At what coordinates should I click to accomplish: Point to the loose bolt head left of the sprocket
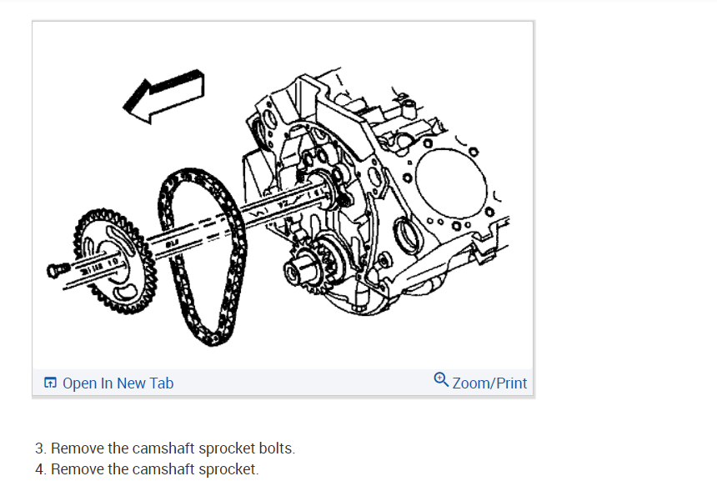click(57, 268)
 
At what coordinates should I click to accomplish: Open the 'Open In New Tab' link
click(118, 383)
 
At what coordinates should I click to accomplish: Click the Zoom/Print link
click(489, 383)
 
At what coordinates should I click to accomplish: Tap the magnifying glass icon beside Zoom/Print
click(442, 381)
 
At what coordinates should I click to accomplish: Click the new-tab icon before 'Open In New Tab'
click(51, 383)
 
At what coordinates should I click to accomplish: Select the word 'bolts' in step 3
click(276, 448)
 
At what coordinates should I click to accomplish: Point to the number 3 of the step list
click(39, 448)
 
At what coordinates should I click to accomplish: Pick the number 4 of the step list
click(39, 469)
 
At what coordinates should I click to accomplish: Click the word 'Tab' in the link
click(162, 383)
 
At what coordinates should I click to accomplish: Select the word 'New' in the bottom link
click(132, 383)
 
